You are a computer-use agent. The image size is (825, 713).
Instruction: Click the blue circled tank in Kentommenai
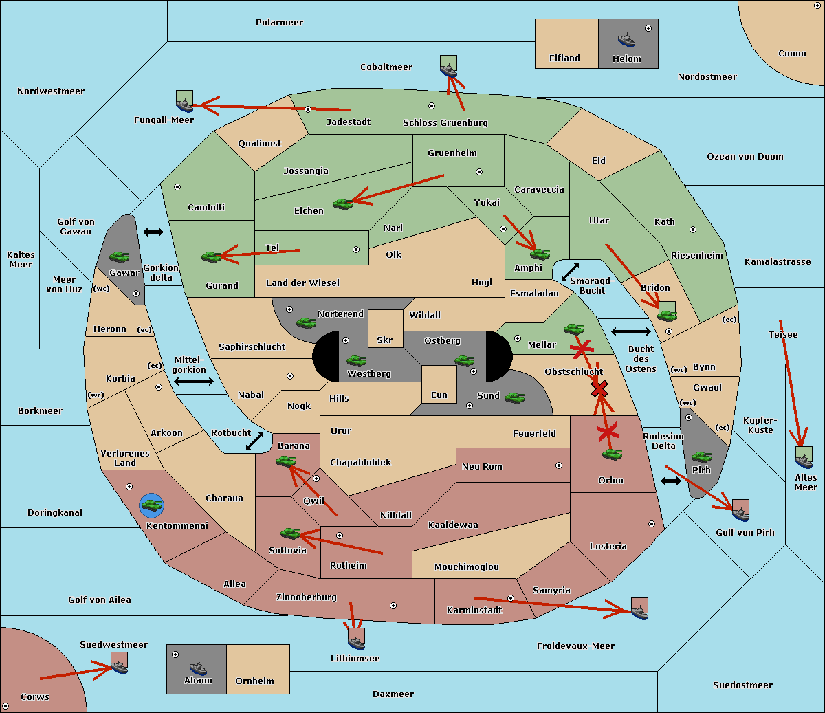pyautogui.click(x=151, y=505)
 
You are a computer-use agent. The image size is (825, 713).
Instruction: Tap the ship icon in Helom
pyautogui.click(x=626, y=39)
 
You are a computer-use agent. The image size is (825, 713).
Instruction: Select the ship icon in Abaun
pyautogui.click(x=199, y=668)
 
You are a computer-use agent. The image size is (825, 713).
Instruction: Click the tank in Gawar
pyautogui.click(x=120, y=256)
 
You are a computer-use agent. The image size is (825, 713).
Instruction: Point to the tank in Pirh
pyautogui.click(x=701, y=457)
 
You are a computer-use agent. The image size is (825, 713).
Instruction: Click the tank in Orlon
pyautogui.click(x=613, y=454)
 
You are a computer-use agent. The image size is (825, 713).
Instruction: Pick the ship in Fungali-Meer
pyautogui.click(x=184, y=105)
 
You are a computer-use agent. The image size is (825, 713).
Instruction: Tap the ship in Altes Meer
pyautogui.click(x=804, y=461)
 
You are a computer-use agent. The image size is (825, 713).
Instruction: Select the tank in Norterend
pyautogui.click(x=306, y=322)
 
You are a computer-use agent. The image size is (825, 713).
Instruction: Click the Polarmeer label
pyautogui.click(x=279, y=23)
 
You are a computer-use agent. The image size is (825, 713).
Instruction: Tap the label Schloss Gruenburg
pyautogui.click(x=445, y=122)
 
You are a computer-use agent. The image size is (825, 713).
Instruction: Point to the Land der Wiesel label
pyautogui.click(x=302, y=283)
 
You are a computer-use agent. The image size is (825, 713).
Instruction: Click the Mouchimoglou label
pyautogui.click(x=467, y=567)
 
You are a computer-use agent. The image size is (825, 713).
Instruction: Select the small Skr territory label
pyautogui.click(x=385, y=340)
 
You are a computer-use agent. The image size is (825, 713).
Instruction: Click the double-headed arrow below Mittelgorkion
pyautogui.click(x=194, y=381)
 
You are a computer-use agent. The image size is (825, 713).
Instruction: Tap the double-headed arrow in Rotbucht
pyautogui.click(x=254, y=441)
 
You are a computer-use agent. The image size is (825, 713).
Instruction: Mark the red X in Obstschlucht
pyautogui.click(x=599, y=388)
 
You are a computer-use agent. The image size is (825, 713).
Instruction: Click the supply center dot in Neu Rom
pyautogui.click(x=559, y=465)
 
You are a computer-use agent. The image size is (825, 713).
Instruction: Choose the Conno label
pyautogui.click(x=792, y=54)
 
